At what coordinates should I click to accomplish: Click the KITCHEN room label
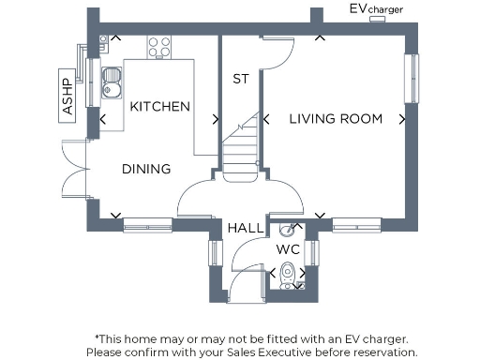point(160,107)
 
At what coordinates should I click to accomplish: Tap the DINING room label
point(146,170)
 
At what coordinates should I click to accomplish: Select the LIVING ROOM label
point(336,118)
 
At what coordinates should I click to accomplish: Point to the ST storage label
point(241,80)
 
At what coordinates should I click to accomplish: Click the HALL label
point(244,228)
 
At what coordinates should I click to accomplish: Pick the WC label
point(287,249)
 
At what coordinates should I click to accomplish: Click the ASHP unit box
point(67,94)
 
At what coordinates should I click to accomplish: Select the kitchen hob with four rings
point(158,45)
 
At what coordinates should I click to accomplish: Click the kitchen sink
point(112,82)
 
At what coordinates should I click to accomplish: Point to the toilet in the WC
point(290,274)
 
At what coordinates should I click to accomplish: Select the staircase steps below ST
point(241,150)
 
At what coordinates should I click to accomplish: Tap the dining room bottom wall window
point(147,224)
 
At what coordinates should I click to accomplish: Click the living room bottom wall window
point(356,224)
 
